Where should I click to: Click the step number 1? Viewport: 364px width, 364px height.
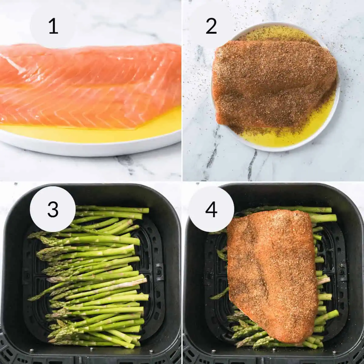[x=53, y=26]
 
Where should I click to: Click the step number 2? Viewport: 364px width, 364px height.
[x=211, y=26]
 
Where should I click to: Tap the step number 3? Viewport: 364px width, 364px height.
[x=53, y=209]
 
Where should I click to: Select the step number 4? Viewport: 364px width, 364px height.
[x=211, y=209]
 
